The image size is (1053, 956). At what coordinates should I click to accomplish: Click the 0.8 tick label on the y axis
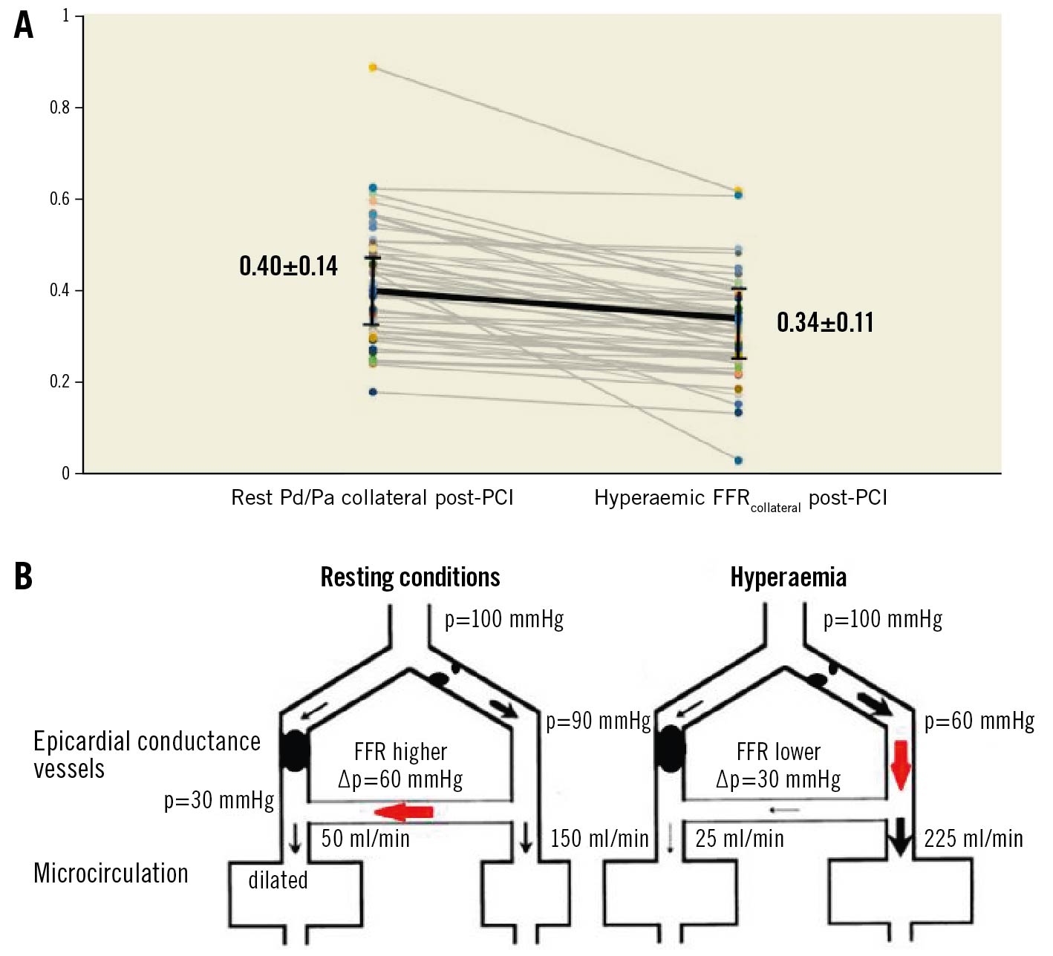pos(59,108)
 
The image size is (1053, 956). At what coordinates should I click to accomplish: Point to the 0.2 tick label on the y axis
pos(59,382)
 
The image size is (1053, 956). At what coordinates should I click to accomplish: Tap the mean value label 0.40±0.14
pos(288,266)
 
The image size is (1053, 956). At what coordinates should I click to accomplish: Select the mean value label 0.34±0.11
pos(825,322)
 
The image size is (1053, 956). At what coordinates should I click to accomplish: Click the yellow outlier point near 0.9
pos(373,68)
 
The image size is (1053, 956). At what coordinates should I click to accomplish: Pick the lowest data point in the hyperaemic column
pos(738,461)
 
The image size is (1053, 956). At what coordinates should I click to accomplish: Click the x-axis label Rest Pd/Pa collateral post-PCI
pos(372,497)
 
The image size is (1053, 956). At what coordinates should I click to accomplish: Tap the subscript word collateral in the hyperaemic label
pos(775,508)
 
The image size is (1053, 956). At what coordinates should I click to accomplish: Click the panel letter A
pos(24,25)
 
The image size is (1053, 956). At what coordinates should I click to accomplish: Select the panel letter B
pos(24,577)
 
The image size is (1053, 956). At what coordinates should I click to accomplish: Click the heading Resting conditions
pos(410,577)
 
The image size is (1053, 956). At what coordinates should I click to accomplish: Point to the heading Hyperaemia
pos(788,577)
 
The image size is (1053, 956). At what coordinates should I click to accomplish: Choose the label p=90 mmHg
pos(598,721)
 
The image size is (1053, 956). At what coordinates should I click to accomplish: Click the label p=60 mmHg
pos(979,721)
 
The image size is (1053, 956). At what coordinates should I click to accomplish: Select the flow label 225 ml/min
pos(973,839)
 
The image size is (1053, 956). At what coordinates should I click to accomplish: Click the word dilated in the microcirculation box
pos(278,880)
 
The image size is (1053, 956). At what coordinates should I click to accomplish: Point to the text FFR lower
pos(778,752)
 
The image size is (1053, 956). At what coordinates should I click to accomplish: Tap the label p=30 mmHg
pos(219,800)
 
